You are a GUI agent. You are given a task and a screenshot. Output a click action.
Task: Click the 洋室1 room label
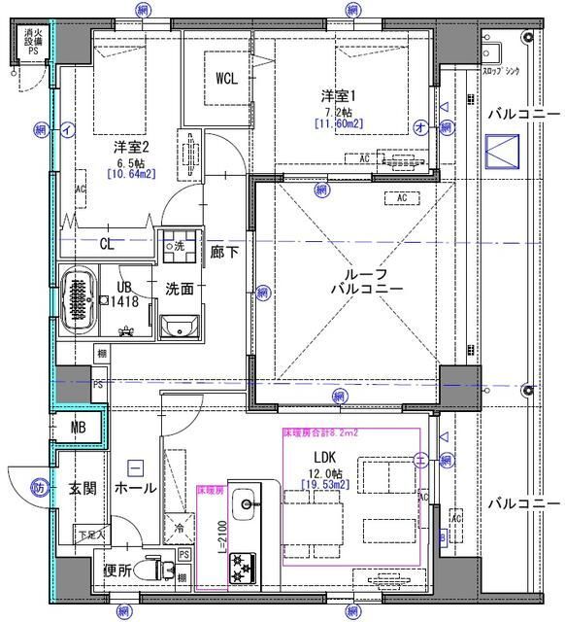pos(340,95)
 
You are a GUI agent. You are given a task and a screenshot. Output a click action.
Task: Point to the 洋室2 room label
pos(132,149)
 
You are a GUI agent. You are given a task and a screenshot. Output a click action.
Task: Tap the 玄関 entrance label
pos(82,488)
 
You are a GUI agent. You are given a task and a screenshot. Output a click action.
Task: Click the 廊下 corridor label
pos(224,250)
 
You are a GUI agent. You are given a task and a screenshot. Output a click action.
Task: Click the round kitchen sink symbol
pos(249,503)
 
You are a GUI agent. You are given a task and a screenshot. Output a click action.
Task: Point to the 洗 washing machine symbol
pos(176,247)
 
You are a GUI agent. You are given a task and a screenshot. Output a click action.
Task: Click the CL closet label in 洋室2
pos(106,244)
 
